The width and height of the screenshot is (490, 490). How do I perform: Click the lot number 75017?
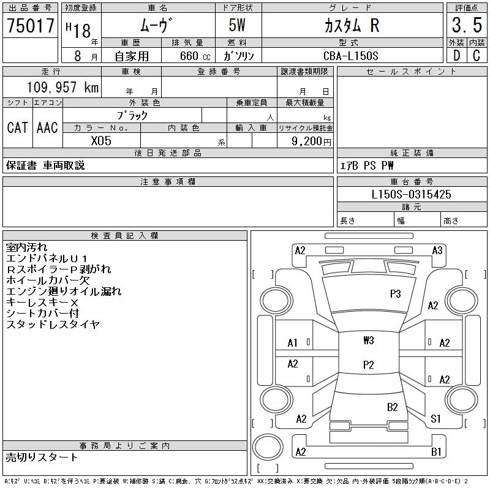pos(30,26)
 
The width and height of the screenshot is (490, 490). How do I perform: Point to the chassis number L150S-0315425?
pos(412,195)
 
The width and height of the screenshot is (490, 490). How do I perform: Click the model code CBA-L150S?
pos(350,56)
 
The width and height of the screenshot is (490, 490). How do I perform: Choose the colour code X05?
pos(101,140)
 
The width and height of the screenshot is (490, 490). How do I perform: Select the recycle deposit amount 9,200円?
pos(312,141)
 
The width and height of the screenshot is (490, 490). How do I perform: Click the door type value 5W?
pos(238,25)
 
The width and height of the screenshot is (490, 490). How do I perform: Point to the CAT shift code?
pos(17,127)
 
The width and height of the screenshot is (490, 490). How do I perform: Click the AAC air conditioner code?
pos(47,127)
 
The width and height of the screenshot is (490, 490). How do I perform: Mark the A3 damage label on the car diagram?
pos(437,250)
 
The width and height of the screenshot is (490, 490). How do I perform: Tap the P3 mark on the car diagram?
pos(396,293)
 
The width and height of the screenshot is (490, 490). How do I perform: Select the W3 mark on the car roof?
pos(368,340)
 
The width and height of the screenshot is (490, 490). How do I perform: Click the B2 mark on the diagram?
pos(393,407)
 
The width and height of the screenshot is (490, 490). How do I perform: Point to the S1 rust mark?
pos(436,419)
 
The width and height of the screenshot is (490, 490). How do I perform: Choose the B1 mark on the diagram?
pos(437,452)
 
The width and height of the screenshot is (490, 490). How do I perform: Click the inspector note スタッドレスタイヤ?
pos(53,325)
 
